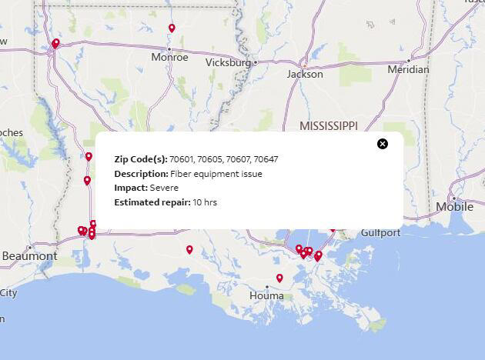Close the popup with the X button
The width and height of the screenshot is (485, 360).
(x=383, y=144)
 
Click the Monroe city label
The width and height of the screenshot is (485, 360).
(x=169, y=57)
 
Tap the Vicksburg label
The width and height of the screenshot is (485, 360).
(x=229, y=62)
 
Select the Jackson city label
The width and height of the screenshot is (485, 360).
(x=305, y=75)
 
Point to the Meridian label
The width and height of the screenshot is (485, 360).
(x=408, y=69)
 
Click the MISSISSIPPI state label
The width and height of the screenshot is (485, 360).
(x=329, y=125)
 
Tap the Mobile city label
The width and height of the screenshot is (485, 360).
(x=454, y=206)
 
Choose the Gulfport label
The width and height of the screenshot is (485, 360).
(x=380, y=232)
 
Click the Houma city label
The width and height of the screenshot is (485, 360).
(x=267, y=295)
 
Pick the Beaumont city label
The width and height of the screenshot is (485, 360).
(x=29, y=255)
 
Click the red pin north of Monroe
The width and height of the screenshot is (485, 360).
(x=172, y=28)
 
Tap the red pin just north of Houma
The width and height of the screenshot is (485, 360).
(x=279, y=278)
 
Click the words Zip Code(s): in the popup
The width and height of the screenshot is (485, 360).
(x=141, y=159)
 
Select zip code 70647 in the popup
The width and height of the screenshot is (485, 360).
(x=265, y=159)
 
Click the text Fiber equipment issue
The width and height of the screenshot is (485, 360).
(x=216, y=174)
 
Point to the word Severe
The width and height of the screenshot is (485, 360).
(x=164, y=188)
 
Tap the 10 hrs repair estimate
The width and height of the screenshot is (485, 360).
(x=205, y=202)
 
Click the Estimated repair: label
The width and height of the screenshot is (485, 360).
(x=152, y=202)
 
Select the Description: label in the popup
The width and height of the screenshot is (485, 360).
(x=141, y=174)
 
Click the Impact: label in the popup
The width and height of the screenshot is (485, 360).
(x=131, y=188)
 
